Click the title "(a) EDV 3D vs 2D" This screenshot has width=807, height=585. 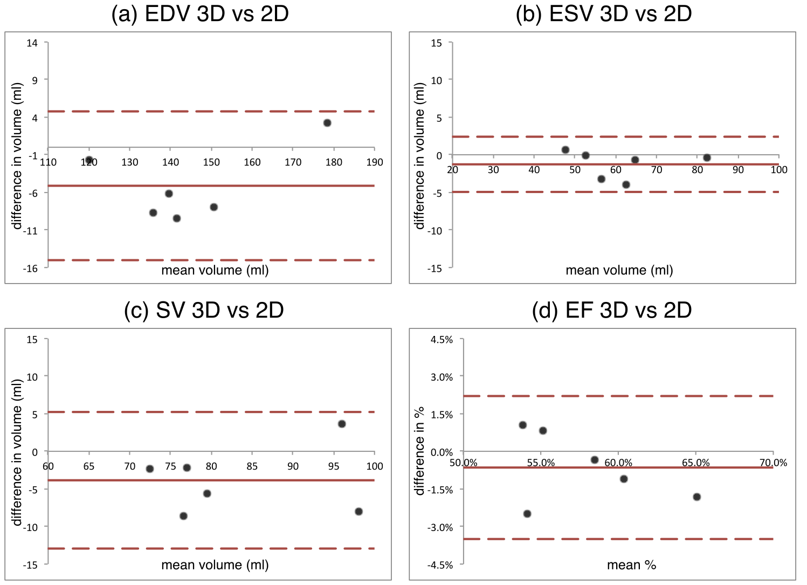200,14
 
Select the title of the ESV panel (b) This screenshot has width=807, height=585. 604,14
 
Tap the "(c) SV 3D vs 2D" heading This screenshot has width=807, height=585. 204,310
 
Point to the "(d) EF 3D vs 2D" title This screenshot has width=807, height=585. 612,310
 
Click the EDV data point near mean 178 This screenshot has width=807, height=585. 327,123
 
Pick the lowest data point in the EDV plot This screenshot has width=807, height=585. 177,218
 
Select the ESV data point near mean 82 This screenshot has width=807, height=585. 707,157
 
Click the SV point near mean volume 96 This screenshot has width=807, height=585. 342,424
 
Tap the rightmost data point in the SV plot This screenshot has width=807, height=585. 359,511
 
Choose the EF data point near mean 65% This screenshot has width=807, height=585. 696,497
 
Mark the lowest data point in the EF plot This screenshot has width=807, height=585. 527,513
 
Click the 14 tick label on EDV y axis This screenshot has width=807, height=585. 32,43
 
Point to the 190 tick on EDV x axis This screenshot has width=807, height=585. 375,162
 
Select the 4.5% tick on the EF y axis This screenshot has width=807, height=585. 442,340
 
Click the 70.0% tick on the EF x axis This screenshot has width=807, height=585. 773,463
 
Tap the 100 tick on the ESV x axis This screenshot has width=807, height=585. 778,170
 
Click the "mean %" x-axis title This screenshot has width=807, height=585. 631,565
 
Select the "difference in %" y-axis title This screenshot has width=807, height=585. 419,451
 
